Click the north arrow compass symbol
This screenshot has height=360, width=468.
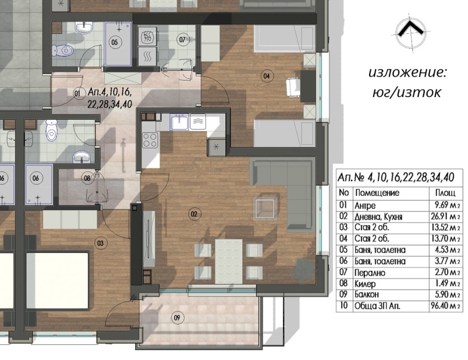[x=411, y=32]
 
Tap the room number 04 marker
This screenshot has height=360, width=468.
[x=267, y=76]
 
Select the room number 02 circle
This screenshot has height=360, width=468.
[x=194, y=214]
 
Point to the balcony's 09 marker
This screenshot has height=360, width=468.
[x=177, y=318]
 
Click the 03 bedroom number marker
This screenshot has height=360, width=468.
[x=100, y=243]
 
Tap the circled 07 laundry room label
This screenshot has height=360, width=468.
[x=183, y=39]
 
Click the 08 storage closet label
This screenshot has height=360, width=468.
[x=87, y=178]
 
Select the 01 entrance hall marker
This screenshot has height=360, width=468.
[x=77, y=94]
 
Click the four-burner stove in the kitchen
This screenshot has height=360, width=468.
[x=150, y=140]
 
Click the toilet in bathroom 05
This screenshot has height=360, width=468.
[x=63, y=50]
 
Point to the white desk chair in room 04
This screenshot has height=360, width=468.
[x=293, y=87]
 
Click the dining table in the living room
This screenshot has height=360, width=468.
[x=229, y=262]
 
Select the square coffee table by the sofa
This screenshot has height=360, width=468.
[x=265, y=209]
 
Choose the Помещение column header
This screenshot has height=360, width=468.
[x=377, y=193]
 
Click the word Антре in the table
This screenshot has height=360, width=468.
[x=365, y=206]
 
